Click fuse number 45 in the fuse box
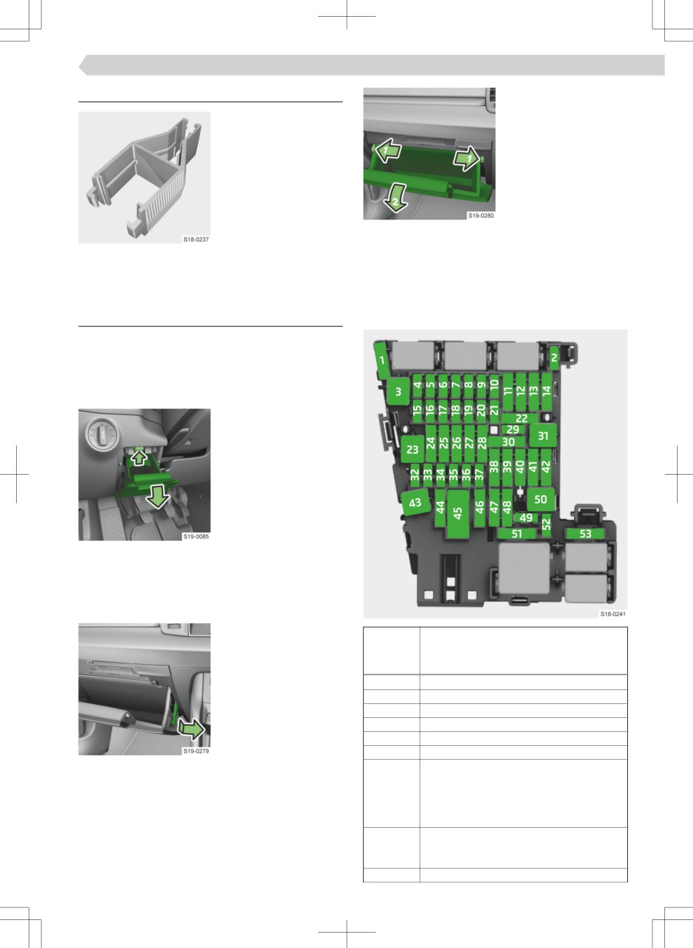point(457,514)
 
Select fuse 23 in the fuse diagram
point(413,449)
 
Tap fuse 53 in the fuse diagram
point(585,533)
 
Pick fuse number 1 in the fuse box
point(383,360)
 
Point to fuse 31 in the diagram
point(543,436)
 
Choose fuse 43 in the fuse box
point(415,503)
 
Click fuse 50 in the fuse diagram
point(541,499)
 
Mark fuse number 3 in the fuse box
point(399,392)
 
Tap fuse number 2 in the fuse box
point(554,358)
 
